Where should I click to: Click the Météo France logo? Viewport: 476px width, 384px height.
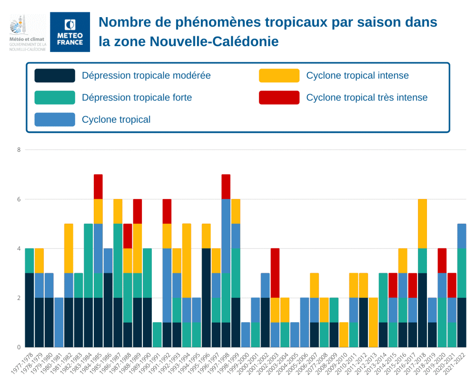point(70,32)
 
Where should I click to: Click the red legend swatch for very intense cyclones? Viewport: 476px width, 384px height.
point(279,98)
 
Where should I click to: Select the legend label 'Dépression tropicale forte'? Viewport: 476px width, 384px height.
point(137,98)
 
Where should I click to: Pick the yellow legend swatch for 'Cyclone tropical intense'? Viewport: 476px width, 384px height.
point(279,76)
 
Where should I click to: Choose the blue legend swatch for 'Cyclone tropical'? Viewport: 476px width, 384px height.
point(55,119)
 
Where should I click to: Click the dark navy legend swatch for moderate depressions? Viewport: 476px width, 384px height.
point(55,76)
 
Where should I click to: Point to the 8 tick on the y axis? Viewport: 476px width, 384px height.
point(19,150)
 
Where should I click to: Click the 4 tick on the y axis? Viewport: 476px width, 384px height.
point(19,248)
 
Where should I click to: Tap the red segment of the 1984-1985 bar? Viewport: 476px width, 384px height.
point(98,187)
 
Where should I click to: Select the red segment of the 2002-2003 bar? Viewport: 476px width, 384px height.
point(275,273)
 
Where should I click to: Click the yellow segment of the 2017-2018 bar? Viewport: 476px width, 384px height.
point(422,224)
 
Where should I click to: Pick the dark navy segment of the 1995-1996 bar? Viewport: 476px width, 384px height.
point(206,297)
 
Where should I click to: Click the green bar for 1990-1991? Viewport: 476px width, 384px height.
point(157,335)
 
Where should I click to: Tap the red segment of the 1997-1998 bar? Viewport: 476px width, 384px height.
point(226,187)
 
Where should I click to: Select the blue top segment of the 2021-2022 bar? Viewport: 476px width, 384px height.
point(462,236)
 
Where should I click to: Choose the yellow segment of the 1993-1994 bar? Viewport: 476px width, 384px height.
point(187,261)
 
